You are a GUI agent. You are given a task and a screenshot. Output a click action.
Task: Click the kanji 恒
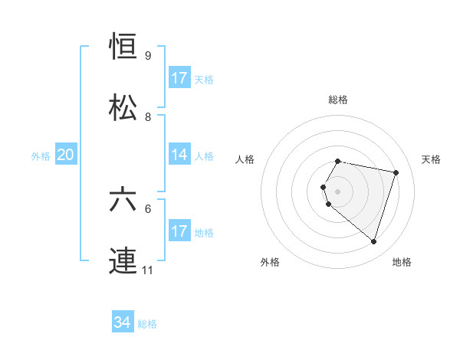[123, 49]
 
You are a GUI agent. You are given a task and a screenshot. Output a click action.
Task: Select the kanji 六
[123, 201]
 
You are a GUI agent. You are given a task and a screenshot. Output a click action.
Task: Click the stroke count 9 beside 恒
[148, 56]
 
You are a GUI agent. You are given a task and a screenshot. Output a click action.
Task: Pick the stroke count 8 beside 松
[148, 116]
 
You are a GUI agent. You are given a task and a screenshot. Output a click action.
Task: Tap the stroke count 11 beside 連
[149, 270]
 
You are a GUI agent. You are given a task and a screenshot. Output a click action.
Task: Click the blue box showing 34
[123, 323]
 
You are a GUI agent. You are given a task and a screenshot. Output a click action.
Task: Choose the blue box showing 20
[66, 155]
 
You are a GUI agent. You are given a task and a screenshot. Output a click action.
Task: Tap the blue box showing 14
[179, 155]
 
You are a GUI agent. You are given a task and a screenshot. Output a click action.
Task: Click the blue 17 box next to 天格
[179, 79]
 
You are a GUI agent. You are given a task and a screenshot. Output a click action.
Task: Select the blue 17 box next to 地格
[179, 231]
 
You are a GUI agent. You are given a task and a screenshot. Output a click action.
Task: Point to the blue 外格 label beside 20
[41, 156]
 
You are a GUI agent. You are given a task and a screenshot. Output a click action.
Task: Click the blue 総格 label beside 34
[147, 324]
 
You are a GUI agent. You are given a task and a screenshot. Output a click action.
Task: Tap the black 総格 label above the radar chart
[338, 100]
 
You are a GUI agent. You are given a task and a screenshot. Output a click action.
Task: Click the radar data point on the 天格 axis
[396, 172]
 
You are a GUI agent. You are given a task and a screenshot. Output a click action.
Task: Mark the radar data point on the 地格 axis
[373, 242]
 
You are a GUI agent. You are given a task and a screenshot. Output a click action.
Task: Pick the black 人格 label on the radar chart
[245, 159]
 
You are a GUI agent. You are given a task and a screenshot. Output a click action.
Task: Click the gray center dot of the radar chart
[338, 191]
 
